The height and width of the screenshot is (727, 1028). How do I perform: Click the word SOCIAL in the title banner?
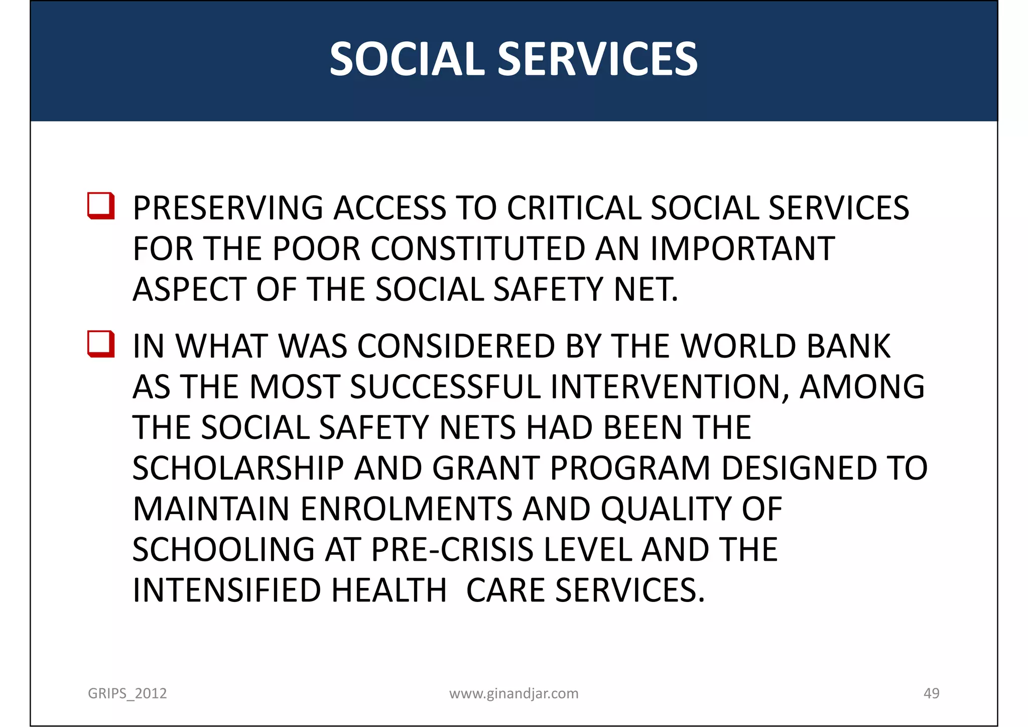click(407, 59)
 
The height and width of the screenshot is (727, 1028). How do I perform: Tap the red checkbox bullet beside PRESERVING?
click(101, 206)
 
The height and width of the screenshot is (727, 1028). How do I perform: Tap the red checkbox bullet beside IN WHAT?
click(101, 344)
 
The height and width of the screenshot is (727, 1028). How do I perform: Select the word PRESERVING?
click(227, 208)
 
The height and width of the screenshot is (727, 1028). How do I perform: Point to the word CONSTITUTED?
click(478, 249)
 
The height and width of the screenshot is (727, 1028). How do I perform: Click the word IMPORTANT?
click(742, 249)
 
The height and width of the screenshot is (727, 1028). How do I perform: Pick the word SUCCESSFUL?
click(445, 387)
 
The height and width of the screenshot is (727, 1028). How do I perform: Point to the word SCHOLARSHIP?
click(238, 468)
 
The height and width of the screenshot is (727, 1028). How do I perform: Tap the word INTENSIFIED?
click(226, 590)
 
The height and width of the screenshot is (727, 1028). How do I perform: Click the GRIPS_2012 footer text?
click(127, 693)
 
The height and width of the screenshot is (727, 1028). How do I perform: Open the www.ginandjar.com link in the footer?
click(513, 693)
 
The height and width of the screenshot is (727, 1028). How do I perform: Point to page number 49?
click(931, 693)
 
